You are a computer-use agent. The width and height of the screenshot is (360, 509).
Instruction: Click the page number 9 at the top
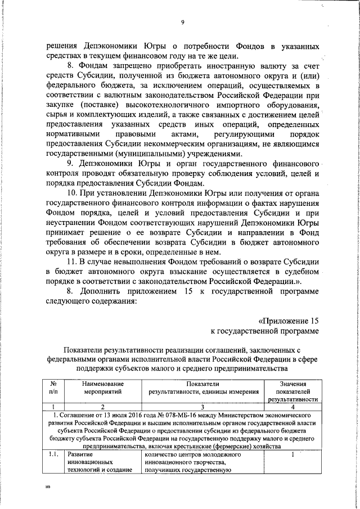183,22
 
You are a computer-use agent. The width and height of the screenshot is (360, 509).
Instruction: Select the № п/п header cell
53,387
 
